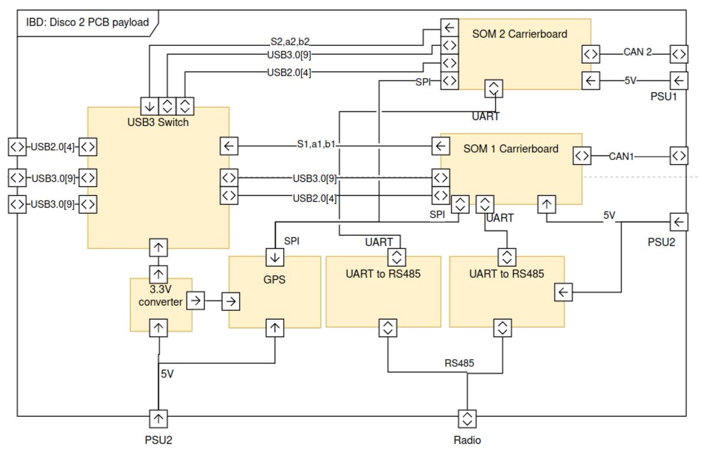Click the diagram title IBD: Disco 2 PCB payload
[87, 24]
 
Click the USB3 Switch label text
[158, 122]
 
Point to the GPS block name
[274, 280]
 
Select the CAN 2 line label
[637, 52]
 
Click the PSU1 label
[664, 96]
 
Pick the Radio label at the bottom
[467, 440]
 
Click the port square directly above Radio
[468, 419]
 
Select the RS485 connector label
[459, 363]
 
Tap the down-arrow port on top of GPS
[275, 257]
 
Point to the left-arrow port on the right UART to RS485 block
[563, 292]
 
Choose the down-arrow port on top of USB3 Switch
[149, 106]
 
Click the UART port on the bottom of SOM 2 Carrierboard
[493, 88]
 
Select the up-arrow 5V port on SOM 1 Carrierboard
[546, 204]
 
